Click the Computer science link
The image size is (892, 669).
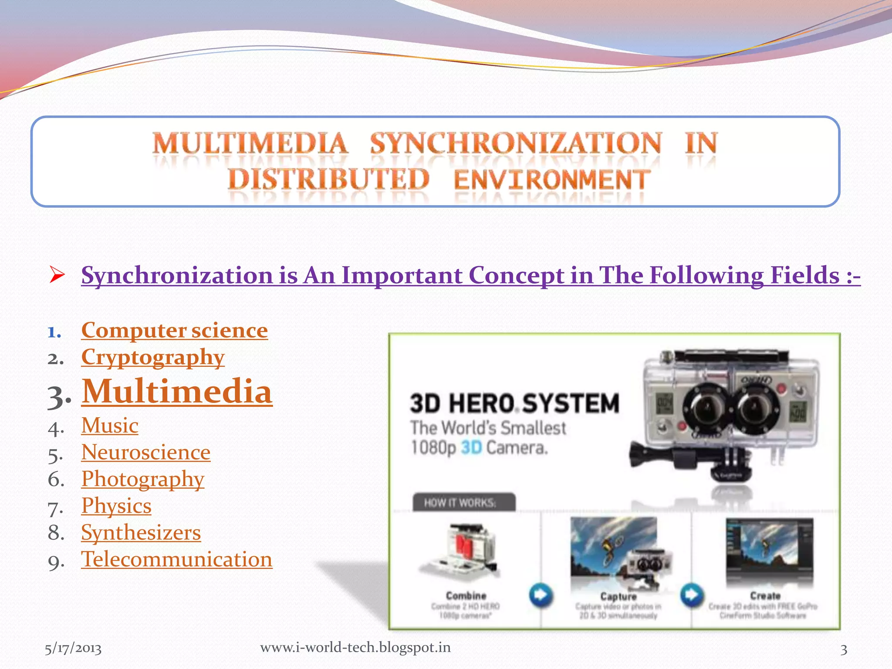tap(174, 330)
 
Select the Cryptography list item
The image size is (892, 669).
tap(152, 357)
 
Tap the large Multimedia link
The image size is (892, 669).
tap(177, 392)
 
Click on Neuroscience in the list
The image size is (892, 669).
tap(145, 452)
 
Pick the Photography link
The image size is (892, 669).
tap(142, 479)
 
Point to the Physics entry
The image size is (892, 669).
tap(116, 506)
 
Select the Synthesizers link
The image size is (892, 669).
tap(141, 532)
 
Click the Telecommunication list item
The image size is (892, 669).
tap(176, 559)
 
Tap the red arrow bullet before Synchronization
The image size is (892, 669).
tap(57, 275)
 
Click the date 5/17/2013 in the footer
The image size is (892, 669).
tap(73, 649)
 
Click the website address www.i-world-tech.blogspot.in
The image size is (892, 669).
tap(355, 647)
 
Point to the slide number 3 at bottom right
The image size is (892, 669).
tap(844, 649)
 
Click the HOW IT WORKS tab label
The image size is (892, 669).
tap(460, 503)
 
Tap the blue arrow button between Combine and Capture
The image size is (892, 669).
tap(541, 595)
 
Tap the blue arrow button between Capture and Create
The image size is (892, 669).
tap(692, 595)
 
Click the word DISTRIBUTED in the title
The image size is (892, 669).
tap(329, 179)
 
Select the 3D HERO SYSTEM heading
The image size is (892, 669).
tap(514, 403)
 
